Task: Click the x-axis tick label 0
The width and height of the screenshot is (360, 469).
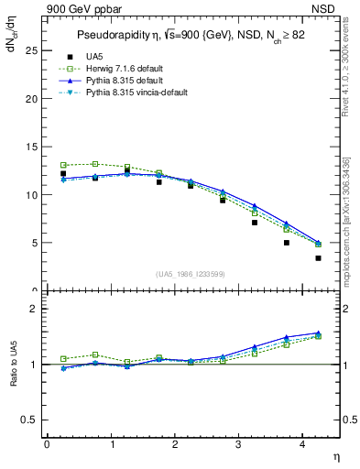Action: [x=47, y=444]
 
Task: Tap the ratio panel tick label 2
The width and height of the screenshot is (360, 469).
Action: [x=32, y=309]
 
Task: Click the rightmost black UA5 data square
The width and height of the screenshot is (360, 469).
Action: [x=318, y=258]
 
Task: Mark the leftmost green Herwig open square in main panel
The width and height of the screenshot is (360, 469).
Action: [x=63, y=165]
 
